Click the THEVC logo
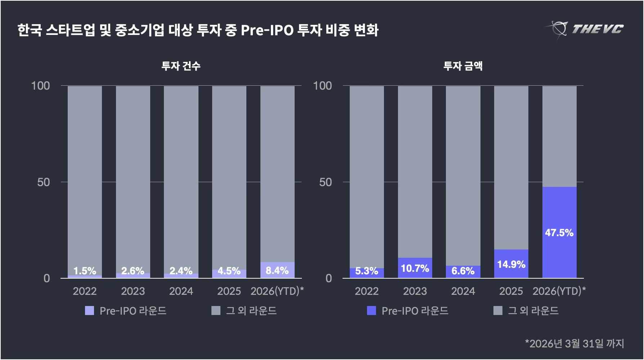point(586,29)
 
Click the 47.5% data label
point(559,233)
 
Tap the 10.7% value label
point(415,269)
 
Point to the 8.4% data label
point(277,271)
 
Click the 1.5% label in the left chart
point(85,271)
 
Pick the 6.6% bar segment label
point(463,271)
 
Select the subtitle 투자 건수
point(181,66)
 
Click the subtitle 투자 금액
point(463,66)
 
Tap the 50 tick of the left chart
point(44,182)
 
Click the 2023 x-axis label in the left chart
point(133,291)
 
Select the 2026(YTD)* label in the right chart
point(559,291)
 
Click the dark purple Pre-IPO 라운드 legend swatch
point(371,311)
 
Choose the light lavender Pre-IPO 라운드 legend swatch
point(89,311)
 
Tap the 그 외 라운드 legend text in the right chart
point(533,311)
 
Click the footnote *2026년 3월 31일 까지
point(574,343)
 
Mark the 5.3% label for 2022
point(367,271)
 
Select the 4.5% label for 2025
point(229,271)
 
